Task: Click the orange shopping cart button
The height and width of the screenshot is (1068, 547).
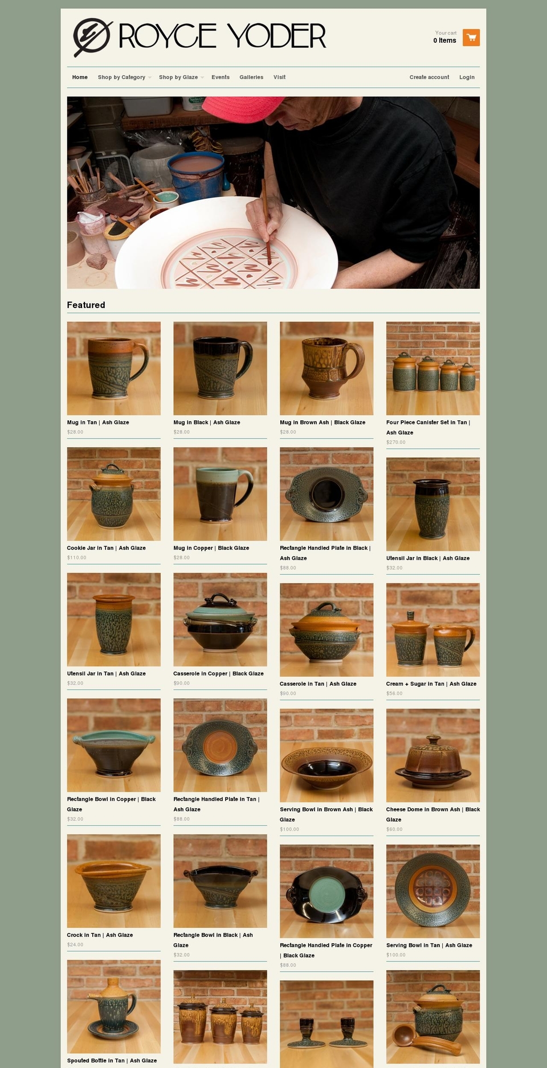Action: pos(471,38)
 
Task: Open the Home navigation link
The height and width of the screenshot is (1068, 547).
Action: pos(80,77)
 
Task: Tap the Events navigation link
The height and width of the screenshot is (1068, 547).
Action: pos(221,77)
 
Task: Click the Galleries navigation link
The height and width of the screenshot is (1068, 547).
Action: pos(251,77)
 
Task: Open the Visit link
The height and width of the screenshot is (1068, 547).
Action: pos(279,77)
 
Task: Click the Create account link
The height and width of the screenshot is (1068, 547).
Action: pos(429,77)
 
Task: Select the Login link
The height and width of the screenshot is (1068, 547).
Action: pos(467,77)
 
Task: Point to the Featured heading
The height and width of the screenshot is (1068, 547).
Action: pos(86,305)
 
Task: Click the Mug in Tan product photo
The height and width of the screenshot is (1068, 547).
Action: pos(114,368)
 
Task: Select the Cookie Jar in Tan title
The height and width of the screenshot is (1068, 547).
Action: pos(107,548)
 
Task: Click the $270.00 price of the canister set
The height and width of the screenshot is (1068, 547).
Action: pos(396,442)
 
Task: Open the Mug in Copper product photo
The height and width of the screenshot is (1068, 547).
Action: pos(220,494)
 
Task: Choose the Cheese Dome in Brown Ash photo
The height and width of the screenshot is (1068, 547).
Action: pos(433,755)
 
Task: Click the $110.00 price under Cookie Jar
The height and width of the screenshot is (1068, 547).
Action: pos(77,558)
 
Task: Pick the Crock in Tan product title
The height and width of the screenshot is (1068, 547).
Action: pos(100,935)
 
